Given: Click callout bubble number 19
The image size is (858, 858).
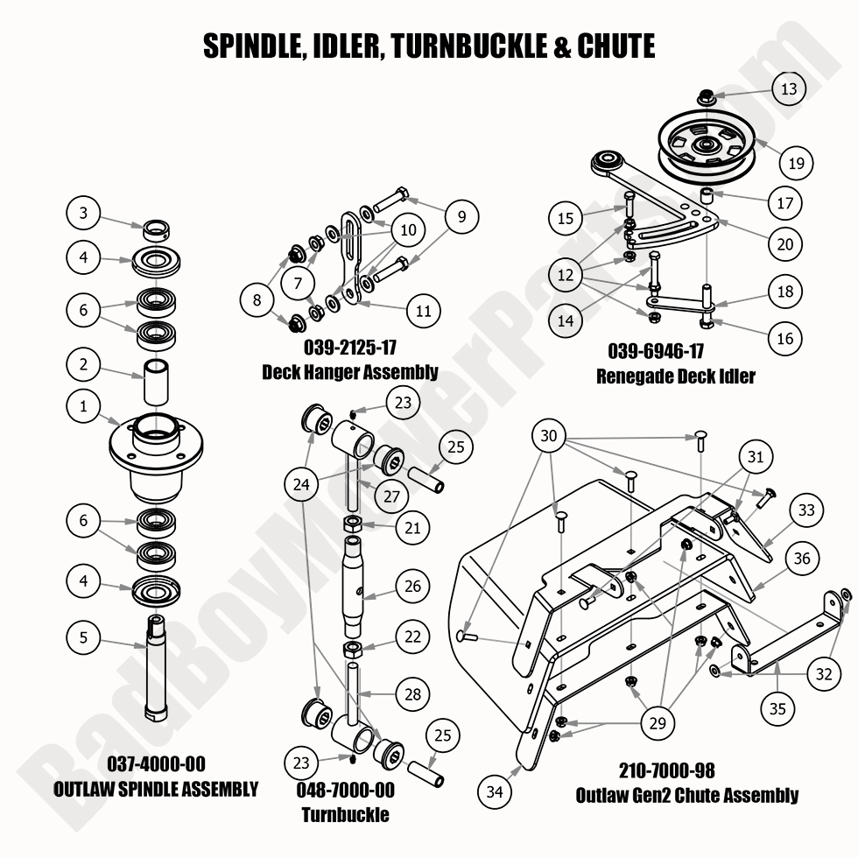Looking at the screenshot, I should click(795, 162).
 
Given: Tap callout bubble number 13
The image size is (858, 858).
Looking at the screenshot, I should click(788, 88).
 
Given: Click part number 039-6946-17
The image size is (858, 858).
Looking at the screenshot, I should click(656, 352).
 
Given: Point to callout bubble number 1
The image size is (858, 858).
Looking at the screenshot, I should click(84, 406).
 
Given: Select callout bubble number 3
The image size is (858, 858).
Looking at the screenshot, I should click(84, 213).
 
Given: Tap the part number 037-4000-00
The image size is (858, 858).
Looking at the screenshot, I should click(156, 764).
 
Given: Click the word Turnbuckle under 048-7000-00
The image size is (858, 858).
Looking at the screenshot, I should click(345, 815).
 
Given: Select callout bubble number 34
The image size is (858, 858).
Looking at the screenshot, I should click(495, 792).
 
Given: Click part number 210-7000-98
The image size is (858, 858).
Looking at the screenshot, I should click(667, 770).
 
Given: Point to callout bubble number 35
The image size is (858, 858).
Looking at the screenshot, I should click(777, 709).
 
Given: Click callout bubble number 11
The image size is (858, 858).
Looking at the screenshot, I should click(424, 310).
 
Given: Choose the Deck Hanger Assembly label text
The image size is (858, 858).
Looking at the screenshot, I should click(349, 373).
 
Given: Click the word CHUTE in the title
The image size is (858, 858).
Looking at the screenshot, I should click(615, 46).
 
